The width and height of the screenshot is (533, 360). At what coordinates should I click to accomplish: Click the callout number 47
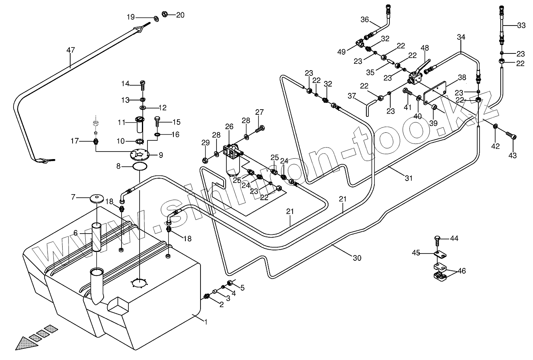click(x=71, y=50)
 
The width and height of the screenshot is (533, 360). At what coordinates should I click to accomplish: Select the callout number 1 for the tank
click(x=206, y=322)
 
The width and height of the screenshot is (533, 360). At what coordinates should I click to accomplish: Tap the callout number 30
click(x=357, y=258)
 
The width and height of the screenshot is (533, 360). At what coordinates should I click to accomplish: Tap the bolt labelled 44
click(x=437, y=240)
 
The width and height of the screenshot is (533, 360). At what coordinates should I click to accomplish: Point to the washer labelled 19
click(x=155, y=18)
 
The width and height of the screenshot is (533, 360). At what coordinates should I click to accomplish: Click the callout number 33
click(x=521, y=26)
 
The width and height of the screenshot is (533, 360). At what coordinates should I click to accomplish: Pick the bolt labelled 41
click(x=408, y=92)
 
